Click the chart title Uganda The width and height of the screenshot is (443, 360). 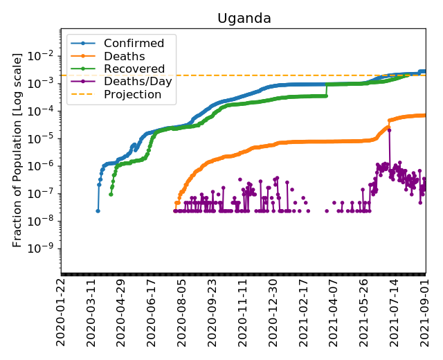[x=244, y=19]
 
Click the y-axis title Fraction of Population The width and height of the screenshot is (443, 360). [x=18, y=149]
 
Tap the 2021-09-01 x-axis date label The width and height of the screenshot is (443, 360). [x=424, y=311]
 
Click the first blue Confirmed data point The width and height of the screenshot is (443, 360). [x=98, y=211]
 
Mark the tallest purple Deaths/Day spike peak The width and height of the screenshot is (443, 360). [x=389, y=129]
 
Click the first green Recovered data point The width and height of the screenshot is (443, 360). [x=111, y=194]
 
